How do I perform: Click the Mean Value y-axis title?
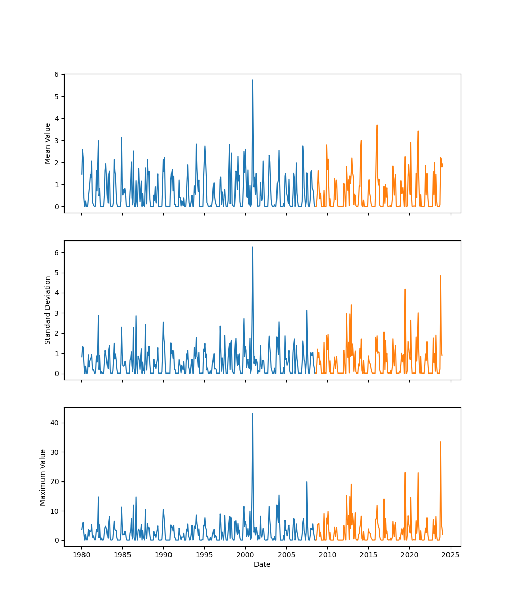[x=48, y=143]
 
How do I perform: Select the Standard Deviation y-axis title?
[x=48, y=310]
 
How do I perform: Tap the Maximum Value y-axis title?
[x=43, y=477]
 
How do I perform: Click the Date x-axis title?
[x=262, y=564]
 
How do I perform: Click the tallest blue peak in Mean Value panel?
[x=252, y=80]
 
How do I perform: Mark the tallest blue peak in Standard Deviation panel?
[x=252, y=247]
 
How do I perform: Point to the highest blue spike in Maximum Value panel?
[x=252, y=414]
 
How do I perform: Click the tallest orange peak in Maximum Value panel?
[x=440, y=442]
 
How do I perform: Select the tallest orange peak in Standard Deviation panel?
[x=440, y=276]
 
